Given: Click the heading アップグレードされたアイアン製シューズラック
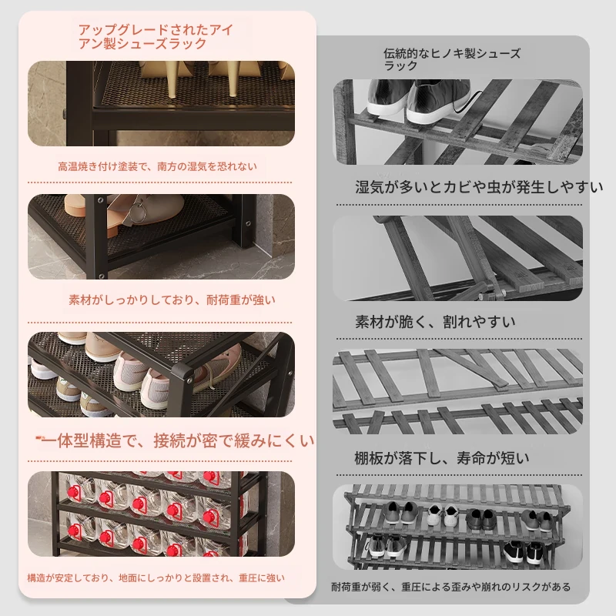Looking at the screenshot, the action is [x=156, y=36].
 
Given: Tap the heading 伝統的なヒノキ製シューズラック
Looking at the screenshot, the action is [x=452, y=59].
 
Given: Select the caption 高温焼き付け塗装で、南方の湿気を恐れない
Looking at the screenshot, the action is [x=158, y=166].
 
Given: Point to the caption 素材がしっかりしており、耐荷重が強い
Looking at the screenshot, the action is [x=172, y=300].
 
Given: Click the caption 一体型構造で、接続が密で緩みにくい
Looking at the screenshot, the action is [x=178, y=440].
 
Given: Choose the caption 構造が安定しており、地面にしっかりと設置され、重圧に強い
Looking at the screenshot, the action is [x=156, y=578].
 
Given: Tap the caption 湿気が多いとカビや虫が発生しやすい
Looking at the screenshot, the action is [x=479, y=187].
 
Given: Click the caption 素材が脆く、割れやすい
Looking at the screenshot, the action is [x=435, y=322].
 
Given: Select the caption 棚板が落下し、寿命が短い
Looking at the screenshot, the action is [x=442, y=458].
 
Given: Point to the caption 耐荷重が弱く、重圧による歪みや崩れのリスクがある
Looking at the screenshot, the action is [x=451, y=587].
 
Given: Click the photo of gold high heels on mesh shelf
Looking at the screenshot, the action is [x=162, y=103].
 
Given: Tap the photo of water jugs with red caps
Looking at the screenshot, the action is [x=162, y=514].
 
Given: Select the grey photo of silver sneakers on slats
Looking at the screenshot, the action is [x=457, y=122].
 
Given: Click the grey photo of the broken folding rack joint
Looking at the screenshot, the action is [x=457, y=258].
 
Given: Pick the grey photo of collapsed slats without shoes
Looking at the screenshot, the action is [x=457, y=391].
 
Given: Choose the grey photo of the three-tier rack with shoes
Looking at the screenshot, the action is [x=457, y=527].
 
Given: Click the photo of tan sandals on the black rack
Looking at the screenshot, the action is [x=162, y=236].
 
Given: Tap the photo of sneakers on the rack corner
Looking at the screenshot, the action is [x=162, y=374].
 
